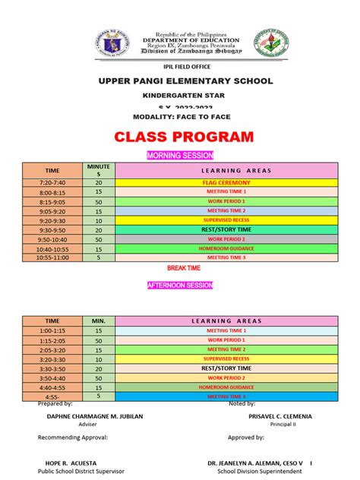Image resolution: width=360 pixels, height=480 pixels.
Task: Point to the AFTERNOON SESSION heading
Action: (x=180, y=285)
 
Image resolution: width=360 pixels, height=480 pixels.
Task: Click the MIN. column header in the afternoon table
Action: (x=98, y=321)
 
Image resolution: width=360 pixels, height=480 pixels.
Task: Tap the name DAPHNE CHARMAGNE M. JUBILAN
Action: (x=94, y=417)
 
